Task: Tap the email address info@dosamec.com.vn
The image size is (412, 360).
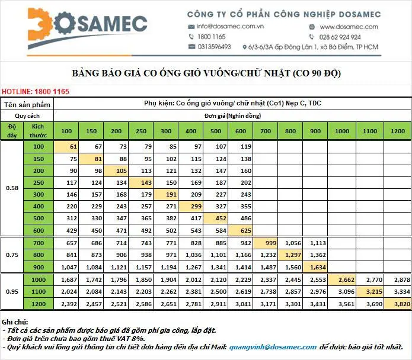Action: click(x=230, y=27)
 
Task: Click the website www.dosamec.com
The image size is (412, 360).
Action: click(x=349, y=27)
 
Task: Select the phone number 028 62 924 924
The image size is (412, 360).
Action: click(x=340, y=37)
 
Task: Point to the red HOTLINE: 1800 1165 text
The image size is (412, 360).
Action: click(x=36, y=92)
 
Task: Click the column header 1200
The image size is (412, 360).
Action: click(x=398, y=131)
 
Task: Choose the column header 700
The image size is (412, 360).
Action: click(x=266, y=131)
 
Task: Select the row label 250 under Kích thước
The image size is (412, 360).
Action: click(x=39, y=182)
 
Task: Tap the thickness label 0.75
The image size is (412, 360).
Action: click(x=12, y=255)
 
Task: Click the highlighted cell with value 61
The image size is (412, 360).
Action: click(x=66, y=147)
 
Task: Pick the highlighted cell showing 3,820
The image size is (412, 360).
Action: click(x=398, y=304)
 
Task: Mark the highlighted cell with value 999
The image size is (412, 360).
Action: click(x=266, y=243)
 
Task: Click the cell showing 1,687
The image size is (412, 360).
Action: click(x=66, y=279)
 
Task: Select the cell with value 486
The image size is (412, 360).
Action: click(x=241, y=218)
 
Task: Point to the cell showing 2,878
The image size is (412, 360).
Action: click(x=398, y=279)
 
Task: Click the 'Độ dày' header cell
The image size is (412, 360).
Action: click(x=12, y=131)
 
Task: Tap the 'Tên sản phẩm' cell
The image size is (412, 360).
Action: click(x=27, y=105)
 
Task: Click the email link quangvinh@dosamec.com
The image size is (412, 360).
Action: click(x=273, y=347)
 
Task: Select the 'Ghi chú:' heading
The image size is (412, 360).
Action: click(x=15, y=322)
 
